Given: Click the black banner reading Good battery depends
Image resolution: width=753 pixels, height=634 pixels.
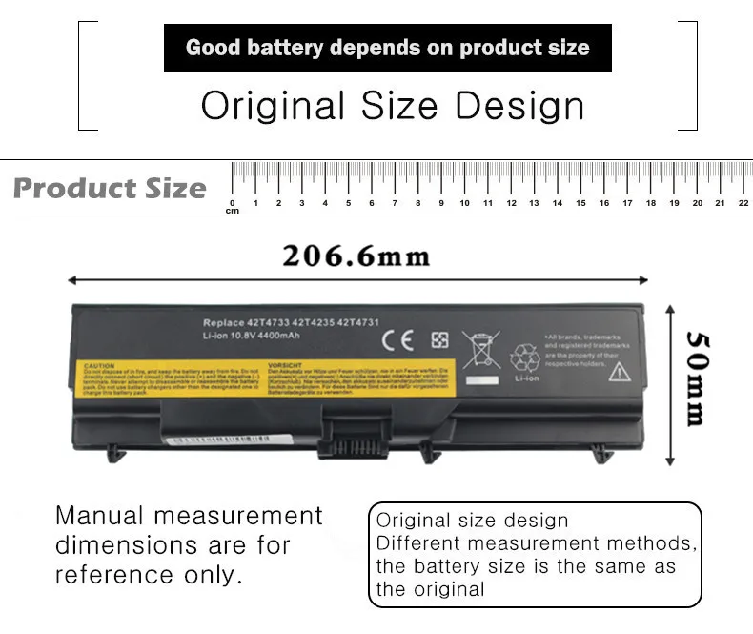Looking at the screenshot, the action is [x=387, y=48].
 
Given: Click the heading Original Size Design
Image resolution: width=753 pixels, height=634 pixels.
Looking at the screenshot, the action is [x=392, y=106].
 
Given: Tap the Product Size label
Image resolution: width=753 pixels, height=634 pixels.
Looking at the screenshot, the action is [x=110, y=188].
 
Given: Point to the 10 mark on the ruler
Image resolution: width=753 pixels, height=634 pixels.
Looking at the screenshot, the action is [x=464, y=202].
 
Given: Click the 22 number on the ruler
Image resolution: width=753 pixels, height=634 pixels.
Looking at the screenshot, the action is [x=743, y=202].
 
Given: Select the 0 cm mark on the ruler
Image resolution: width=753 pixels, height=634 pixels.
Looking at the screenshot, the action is [x=233, y=203].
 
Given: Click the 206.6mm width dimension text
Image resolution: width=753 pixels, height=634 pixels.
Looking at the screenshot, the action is [x=356, y=256].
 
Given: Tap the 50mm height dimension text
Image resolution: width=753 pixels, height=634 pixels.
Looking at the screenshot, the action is [x=698, y=378].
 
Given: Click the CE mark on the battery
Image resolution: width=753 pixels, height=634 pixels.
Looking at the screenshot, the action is [x=397, y=340].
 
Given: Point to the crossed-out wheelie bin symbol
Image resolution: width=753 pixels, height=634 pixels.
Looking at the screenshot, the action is [x=480, y=350].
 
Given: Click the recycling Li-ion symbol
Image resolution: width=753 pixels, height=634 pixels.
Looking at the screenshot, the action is [x=524, y=360].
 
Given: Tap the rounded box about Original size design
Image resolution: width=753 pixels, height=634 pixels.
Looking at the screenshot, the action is [x=535, y=555].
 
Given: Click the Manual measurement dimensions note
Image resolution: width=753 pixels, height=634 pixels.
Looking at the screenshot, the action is [x=189, y=545].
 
